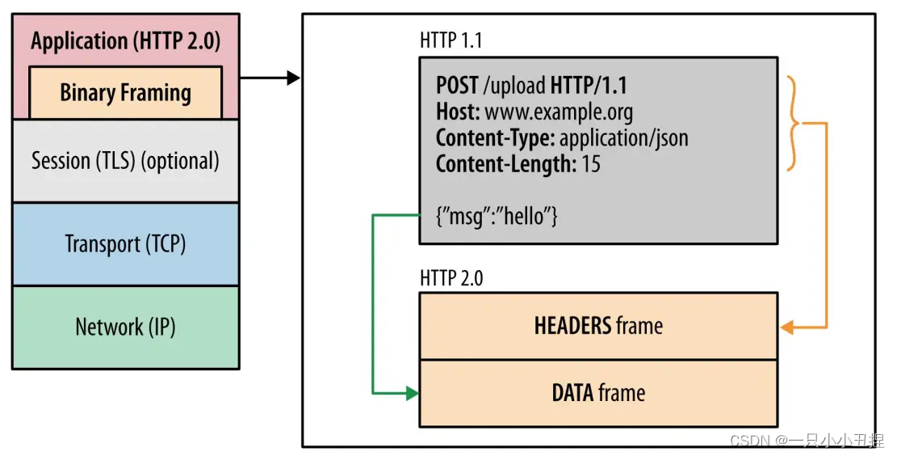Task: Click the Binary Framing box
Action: (x=125, y=92)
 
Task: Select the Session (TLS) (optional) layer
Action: (x=125, y=161)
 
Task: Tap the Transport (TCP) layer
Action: (x=125, y=243)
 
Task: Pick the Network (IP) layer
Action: (x=125, y=327)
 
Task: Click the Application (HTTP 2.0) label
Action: (x=125, y=41)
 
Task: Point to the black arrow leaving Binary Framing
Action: (x=270, y=78)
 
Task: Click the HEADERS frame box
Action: (x=598, y=326)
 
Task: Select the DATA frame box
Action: (x=598, y=394)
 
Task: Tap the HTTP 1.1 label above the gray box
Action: (x=451, y=40)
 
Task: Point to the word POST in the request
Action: (x=458, y=85)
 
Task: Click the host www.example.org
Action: (x=558, y=111)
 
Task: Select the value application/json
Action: (x=623, y=137)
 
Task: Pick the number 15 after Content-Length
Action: (x=591, y=164)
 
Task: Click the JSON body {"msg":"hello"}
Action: (x=497, y=216)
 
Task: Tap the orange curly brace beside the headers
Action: (x=794, y=124)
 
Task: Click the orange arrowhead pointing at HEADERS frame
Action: (x=786, y=327)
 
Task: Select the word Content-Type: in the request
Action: (x=495, y=137)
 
